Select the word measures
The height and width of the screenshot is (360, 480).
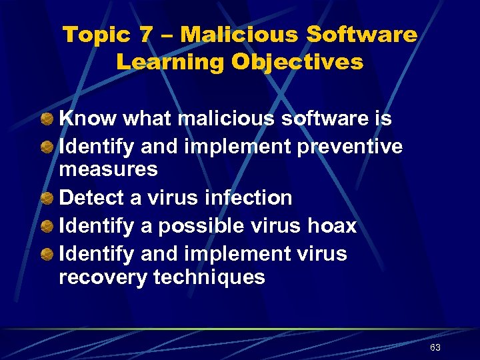point(109,169)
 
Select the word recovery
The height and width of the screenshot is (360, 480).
point(103,277)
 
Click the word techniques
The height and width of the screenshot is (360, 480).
point(209,277)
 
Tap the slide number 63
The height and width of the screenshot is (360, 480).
point(435,348)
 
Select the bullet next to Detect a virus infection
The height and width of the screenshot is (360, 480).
point(47,198)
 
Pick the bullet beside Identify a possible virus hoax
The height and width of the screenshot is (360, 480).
point(47,226)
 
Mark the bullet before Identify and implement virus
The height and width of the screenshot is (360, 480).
point(47,254)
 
